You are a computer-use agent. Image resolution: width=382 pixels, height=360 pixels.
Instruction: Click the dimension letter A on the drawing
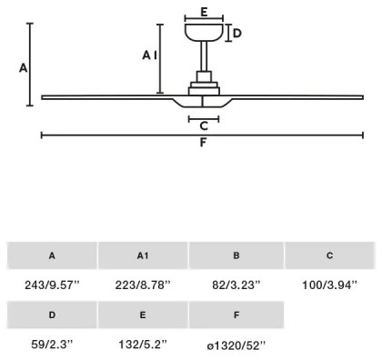click(23, 68)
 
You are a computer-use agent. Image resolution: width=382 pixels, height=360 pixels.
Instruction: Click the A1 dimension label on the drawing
click(150, 55)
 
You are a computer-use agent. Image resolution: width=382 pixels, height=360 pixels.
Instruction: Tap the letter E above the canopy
click(204, 12)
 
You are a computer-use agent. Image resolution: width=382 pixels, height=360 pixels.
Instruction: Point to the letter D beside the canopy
click(236, 34)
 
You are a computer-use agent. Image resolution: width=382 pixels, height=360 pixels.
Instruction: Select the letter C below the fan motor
click(204, 125)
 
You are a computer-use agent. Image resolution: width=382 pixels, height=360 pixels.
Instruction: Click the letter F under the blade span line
click(204, 144)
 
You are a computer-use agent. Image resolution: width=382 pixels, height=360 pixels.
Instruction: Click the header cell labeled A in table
click(52, 256)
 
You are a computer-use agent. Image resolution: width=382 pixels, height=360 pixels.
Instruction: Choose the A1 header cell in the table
click(144, 256)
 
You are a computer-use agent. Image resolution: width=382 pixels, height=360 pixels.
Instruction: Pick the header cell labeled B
click(236, 256)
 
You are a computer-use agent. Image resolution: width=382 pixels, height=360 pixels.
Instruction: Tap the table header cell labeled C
click(329, 256)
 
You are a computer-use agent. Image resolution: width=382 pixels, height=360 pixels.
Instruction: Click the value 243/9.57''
click(52, 285)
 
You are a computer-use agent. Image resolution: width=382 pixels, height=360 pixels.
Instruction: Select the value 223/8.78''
click(144, 285)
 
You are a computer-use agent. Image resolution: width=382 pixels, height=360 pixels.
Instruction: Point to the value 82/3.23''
click(236, 285)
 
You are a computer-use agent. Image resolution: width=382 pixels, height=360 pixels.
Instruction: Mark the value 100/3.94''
click(329, 285)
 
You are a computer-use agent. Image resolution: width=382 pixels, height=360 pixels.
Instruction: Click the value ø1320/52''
click(236, 345)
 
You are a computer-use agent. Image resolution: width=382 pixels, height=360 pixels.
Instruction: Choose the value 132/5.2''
click(144, 345)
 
